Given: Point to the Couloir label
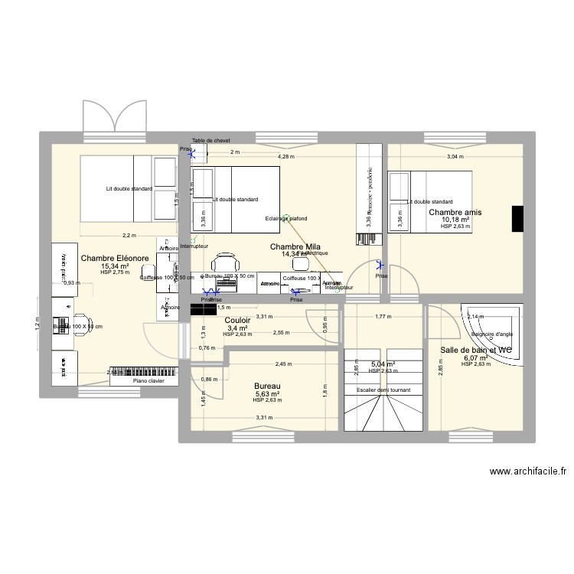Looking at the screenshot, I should click(238, 321).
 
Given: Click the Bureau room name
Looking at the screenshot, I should click(267, 386).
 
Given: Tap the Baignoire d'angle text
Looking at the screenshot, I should click(492, 334).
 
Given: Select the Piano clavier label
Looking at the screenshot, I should click(148, 380).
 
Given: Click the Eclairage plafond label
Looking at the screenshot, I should click(287, 218).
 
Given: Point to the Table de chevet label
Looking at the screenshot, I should click(211, 141).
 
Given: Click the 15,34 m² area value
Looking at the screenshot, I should click(115, 266).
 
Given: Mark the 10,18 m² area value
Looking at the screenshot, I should click(455, 220).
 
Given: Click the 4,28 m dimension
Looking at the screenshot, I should click(285, 157).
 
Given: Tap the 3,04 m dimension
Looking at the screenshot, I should click(455, 157).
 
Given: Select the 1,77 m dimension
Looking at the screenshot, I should click(383, 317).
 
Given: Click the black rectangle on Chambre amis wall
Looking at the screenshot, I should click(517, 218).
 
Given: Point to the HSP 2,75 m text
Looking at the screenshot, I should click(115, 273).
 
